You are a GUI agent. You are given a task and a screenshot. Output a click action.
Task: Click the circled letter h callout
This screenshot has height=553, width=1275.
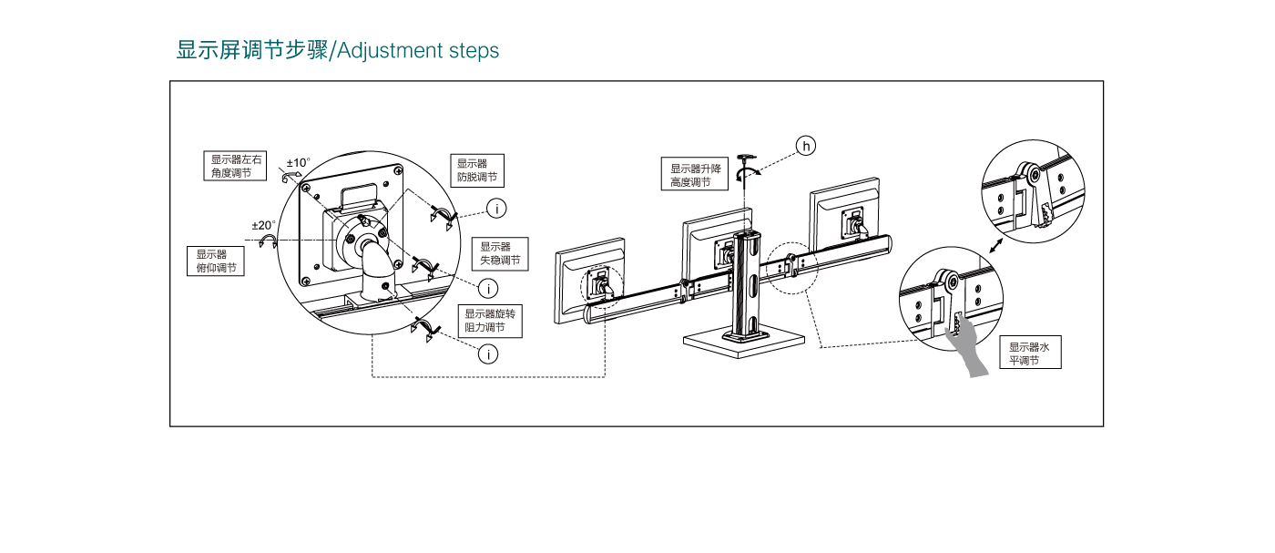pyautogui.click(x=806, y=146)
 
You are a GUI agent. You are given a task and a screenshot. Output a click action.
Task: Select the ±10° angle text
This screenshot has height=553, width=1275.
pyautogui.click(x=299, y=163)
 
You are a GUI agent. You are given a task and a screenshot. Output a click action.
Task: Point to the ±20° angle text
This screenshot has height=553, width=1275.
pyautogui.click(x=264, y=225)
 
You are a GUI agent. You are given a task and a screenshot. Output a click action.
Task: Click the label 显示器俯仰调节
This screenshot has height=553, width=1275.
pyautogui.click(x=216, y=261)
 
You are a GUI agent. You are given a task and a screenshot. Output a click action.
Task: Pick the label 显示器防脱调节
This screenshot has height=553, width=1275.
pyautogui.click(x=477, y=171)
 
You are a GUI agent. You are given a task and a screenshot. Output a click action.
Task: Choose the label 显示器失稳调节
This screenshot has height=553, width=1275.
pyautogui.click(x=500, y=253)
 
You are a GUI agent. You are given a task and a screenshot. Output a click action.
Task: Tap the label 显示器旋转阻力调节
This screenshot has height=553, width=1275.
pyautogui.click(x=490, y=321)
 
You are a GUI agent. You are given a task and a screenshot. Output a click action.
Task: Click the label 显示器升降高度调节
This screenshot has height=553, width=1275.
pyautogui.click(x=696, y=175)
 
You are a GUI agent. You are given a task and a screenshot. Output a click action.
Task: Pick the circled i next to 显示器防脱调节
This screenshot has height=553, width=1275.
pyautogui.click(x=495, y=209)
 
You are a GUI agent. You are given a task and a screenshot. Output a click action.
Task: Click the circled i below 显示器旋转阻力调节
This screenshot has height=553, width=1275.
pyautogui.click(x=489, y=353)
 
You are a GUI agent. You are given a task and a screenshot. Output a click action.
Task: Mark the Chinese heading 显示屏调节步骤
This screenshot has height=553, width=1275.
pyautogui.click(x=252, y=50)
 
